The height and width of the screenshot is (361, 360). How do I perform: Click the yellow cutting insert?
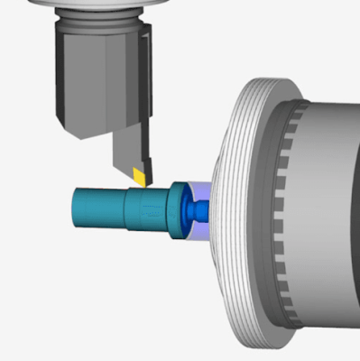139,174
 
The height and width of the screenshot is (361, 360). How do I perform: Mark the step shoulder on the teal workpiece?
125,208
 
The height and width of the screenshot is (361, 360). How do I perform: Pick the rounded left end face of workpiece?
73,208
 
